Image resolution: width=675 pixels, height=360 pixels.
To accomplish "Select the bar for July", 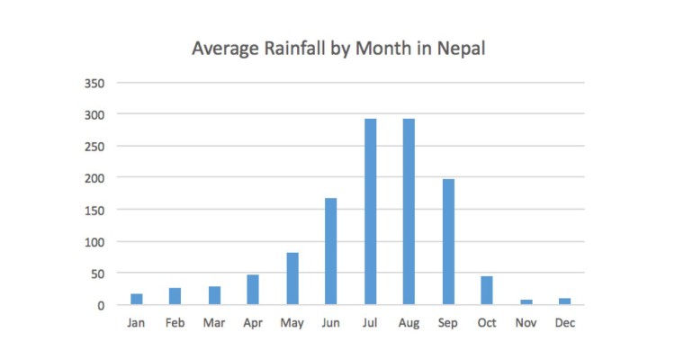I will point(370,211).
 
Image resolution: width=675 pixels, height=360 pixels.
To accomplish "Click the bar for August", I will point(409,211).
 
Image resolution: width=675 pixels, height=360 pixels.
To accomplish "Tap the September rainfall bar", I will point(448,242).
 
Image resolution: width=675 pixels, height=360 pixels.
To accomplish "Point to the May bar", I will point(292,279).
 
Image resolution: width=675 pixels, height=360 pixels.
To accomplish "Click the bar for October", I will point(487,291).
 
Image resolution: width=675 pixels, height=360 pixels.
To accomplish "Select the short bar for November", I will point(526,301).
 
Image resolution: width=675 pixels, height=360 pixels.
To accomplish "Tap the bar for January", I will point(137,299).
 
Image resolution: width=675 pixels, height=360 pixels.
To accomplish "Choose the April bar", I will point(254,290).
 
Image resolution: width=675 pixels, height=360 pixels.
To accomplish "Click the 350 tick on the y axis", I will point(94,84).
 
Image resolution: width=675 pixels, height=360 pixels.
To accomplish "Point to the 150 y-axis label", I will point(94,210).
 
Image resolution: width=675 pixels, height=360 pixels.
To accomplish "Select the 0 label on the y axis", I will point(102,305).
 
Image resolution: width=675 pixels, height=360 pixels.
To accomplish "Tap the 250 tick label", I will point(94,147).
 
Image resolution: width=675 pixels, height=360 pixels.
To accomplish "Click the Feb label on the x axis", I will point(175,323).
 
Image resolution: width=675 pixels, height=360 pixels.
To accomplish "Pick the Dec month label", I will point(564,323).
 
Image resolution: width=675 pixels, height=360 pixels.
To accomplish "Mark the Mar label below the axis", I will point(214,323).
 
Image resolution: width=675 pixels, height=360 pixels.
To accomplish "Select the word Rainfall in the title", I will point(289,49).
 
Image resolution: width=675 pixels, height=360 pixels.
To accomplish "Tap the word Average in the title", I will point(221,49).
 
